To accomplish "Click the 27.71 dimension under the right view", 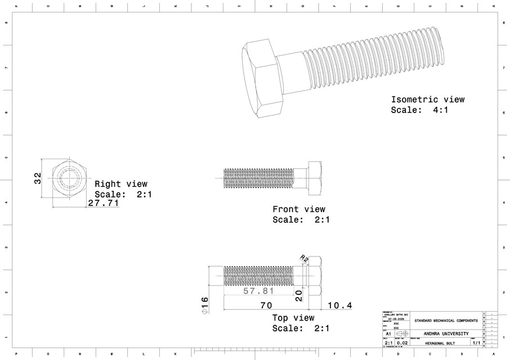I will [x=104, y=203].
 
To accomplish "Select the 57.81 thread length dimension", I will [x=258, y=291].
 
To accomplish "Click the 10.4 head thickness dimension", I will [x=339, y=305].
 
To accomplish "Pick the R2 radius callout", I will [x=304, y=258].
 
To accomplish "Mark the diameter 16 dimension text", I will [x=205, y=307].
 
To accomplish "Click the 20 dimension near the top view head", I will [x=299, y=292].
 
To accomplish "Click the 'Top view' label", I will [x=293, y=318].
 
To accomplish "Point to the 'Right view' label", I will [x=121, y=184].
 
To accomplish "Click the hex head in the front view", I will [x=314, y=174].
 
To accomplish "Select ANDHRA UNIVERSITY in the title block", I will [x=446, y=334].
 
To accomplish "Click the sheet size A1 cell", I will [x=388, y=334].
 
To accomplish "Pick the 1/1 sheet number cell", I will [x=476, y=342].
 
